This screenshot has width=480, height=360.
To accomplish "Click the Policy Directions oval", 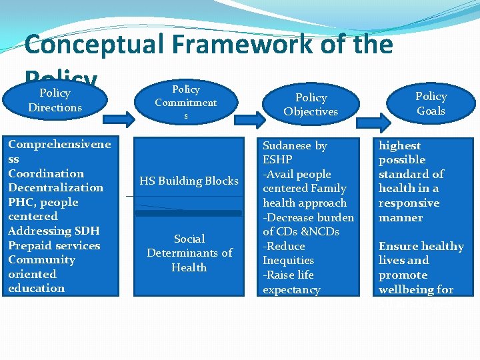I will coord(55,100).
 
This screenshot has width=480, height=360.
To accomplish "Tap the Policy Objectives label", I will coord(311,105).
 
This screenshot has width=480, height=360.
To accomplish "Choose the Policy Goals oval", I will coord(431,103).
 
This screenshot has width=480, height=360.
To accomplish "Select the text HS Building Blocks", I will coord(189,181).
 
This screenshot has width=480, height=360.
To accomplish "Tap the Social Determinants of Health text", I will coord(189,253).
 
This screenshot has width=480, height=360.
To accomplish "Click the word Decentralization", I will coord(55,187).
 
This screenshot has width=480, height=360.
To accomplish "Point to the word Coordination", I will coord(46,173).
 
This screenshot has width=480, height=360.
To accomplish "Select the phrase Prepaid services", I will coord(54,245).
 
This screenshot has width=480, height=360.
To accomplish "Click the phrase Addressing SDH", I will coord(53,231).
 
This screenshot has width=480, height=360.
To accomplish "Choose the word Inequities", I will coord(288,260).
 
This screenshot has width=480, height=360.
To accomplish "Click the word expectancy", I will coord(291,289).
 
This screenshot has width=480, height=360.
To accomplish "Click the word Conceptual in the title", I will coord(93,45).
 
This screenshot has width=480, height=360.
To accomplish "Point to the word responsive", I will coord(409,203).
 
